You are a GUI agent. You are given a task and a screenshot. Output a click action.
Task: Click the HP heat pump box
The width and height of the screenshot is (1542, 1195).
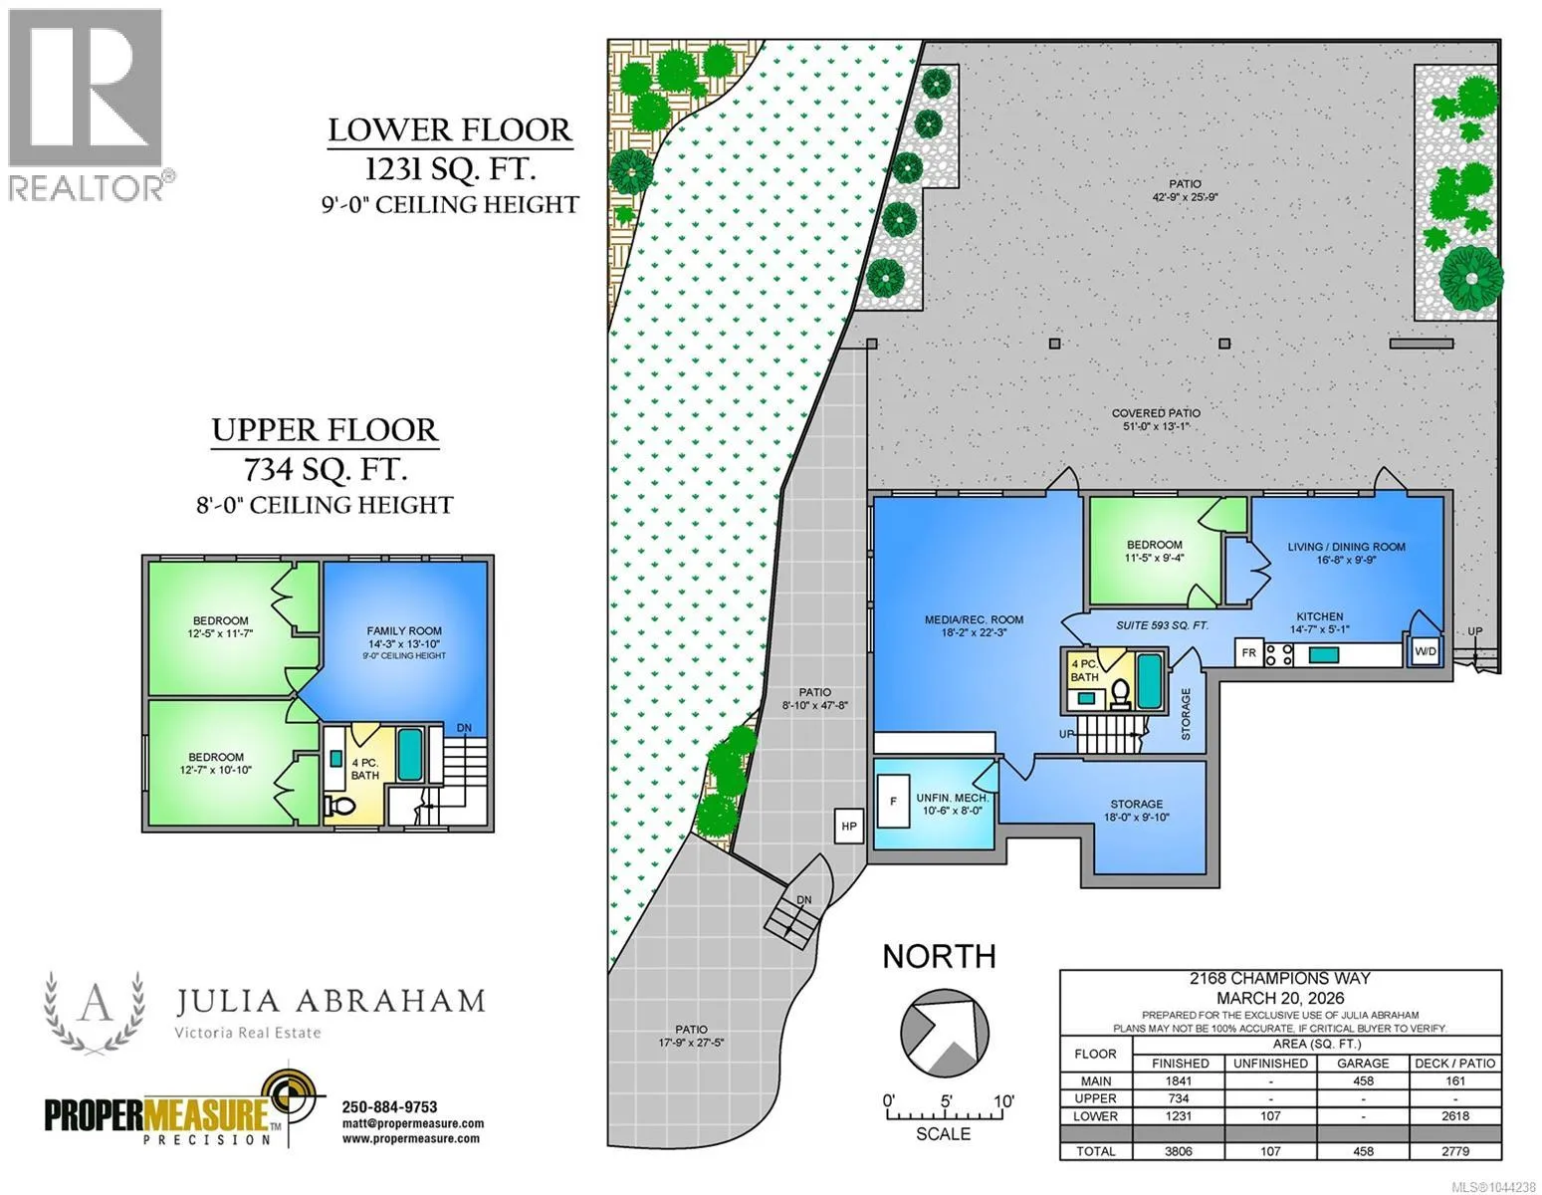[849, 826]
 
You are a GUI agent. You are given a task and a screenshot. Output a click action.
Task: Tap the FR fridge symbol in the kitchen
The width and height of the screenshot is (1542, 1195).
[1248, 653]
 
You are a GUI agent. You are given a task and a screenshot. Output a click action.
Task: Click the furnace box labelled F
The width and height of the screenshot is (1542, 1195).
[893, 802]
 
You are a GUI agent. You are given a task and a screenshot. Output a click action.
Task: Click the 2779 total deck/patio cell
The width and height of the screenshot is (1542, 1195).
[1454, 1151]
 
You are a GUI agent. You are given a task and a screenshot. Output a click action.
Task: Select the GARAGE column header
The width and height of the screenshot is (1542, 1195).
[1363, 1063]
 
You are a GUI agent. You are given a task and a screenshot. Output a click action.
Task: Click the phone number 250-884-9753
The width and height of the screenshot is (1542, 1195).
[389, 1107]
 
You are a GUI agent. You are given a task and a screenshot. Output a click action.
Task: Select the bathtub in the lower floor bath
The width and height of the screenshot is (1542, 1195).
[1149, 681]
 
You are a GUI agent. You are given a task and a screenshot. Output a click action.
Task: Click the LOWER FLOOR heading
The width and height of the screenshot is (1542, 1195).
[450, 130]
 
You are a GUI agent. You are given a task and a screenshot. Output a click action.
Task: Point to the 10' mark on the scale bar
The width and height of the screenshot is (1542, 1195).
[1003, 1102]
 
